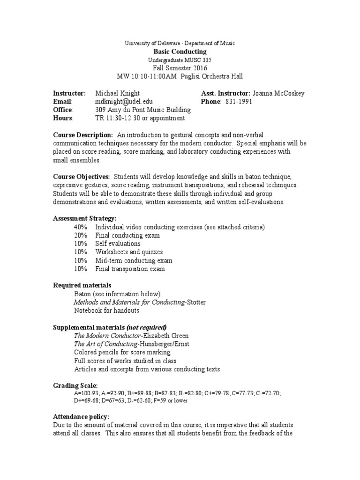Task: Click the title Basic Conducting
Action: [x=180, y=52]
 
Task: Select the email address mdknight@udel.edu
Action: [x=124, y=102]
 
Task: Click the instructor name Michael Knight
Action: [x=117, y=93]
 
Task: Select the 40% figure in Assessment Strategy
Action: [x=80, y=227]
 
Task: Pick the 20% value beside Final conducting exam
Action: [x=80, y=236]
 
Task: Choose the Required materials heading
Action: [x=82, y=285]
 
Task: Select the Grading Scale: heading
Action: [x=75, y=385]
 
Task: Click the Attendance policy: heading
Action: [x=81, y=416]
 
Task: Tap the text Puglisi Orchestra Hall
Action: [x=209, y=76]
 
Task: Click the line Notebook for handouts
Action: [x=106, y=310]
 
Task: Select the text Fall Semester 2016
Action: [x=180, y=68]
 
